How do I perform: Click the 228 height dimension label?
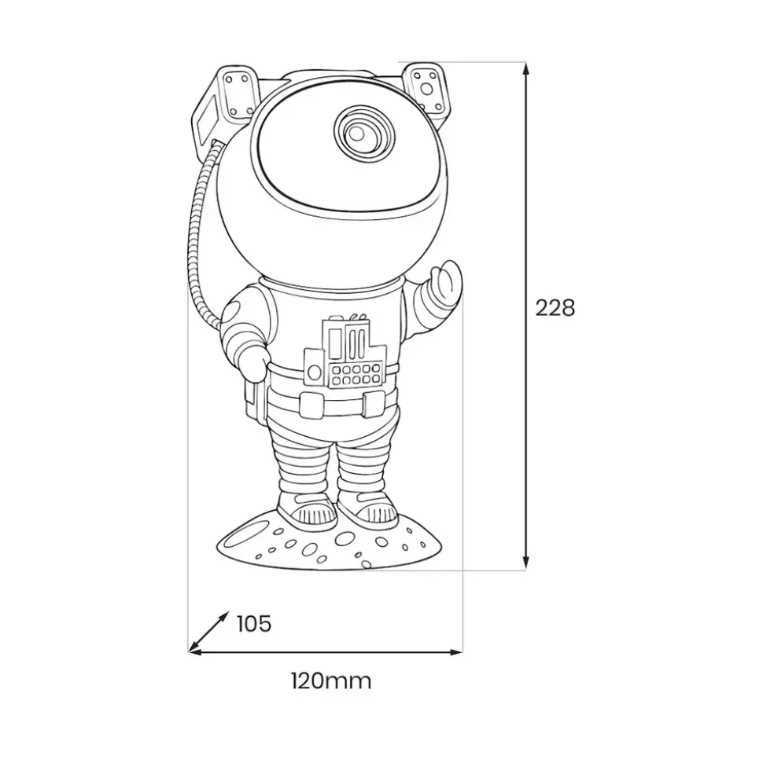pos(555,308)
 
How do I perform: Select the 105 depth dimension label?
pos(254,623)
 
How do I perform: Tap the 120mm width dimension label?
pos(331,681)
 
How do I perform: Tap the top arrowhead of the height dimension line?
pos(525,68)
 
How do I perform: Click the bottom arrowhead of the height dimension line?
pos(525,563)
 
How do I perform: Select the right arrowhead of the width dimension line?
pos(456,651)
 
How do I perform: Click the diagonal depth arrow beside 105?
pos(208,631)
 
